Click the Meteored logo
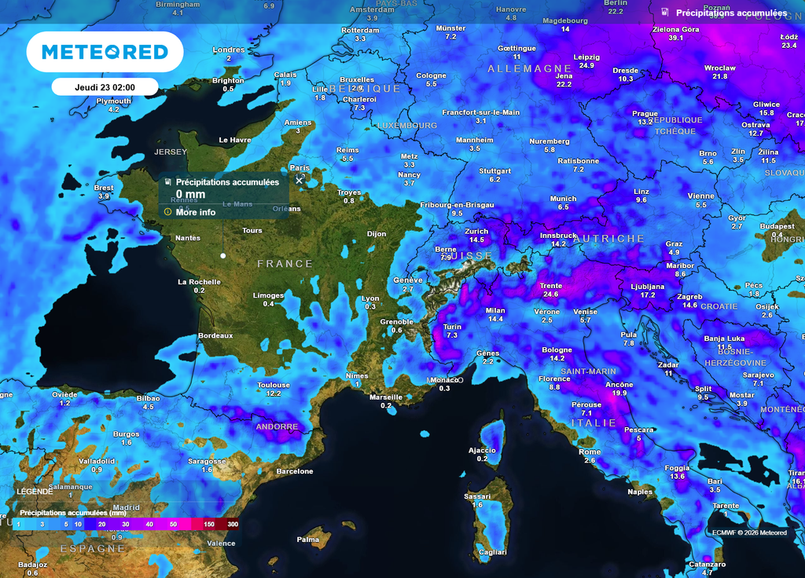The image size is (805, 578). pos(105,53)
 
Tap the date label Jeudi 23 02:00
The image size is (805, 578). pos(105,87)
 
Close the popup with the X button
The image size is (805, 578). pos(299,180)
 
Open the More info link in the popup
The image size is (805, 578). pos(195,212)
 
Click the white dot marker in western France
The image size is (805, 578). pos(223,255)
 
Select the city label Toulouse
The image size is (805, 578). pos(274,385)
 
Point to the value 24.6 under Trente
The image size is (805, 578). pos(550,294)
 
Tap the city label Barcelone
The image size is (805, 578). pos(295,471)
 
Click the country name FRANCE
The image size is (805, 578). pos(285,264)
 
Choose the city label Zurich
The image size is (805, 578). pos(476,232)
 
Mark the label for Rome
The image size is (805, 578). pos(590,452)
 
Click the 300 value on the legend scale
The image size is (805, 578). pos(233,524)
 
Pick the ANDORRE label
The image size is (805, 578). pos(277,426)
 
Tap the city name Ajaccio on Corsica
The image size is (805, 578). pos(482,450)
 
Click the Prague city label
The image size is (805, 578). pos(645,114)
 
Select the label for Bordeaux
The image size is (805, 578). pos(215,335)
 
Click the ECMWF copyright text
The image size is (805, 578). pos(749,532)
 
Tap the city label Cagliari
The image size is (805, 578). pos(493,553)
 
